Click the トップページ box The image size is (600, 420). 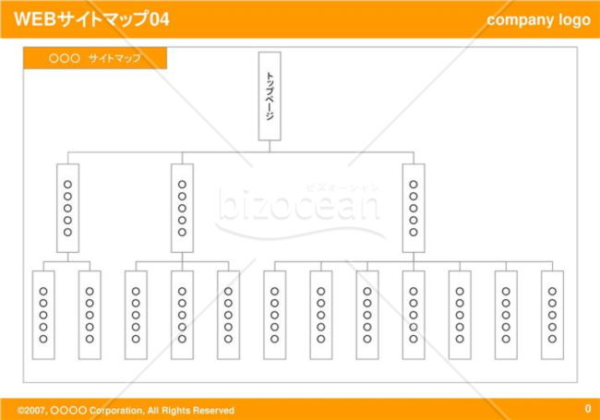tap(270, 96)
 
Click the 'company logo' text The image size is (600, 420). tap(538, 20)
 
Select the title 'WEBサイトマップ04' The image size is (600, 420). tap(91, 19)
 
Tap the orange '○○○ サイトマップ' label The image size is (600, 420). tap(95, 58)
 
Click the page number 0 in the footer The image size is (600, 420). tap(588, 409)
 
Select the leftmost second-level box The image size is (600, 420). tap(67, 208)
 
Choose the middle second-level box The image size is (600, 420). tap(182, 208)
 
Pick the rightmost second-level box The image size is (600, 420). tap(414, 208)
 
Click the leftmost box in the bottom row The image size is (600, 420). tap(43, 315)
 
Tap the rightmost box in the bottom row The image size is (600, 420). tap(552, 315)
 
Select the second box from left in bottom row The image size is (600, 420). tap(90, 315)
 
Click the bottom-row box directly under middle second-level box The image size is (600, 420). tap(182, 315)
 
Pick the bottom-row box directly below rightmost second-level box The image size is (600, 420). tap(414, 315)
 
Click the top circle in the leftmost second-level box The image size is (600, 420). tap(67, 185)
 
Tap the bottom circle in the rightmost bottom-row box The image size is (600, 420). tap(552, 339)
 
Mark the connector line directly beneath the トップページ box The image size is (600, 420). tap(270, 147)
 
